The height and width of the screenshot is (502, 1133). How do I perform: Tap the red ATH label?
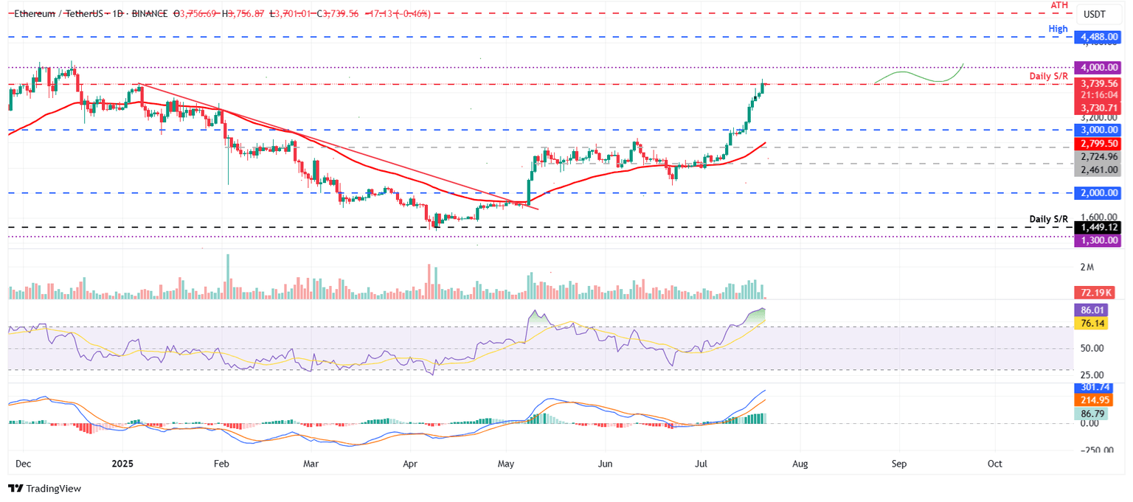1059,4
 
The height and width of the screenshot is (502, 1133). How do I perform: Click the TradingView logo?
44,488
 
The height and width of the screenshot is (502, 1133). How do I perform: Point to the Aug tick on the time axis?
800,464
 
